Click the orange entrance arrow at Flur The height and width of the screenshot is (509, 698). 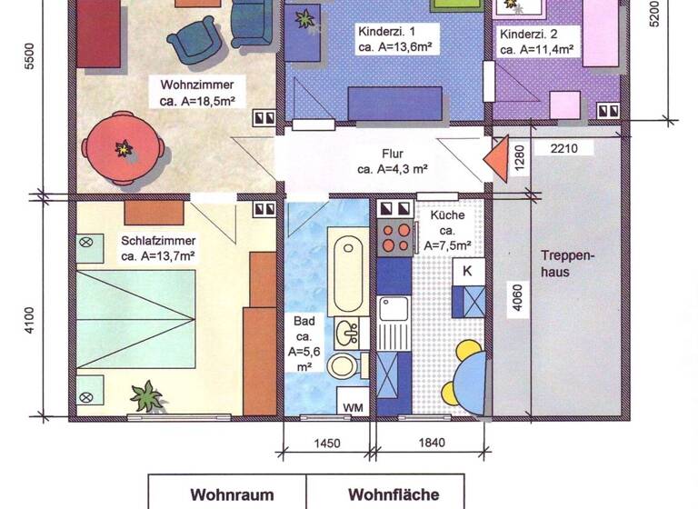(498, 161)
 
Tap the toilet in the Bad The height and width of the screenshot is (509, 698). (344, 365)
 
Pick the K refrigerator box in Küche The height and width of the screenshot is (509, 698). (467, 271)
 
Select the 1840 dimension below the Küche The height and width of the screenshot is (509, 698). (432, 444)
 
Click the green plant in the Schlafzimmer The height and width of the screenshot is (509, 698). (145, 396)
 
